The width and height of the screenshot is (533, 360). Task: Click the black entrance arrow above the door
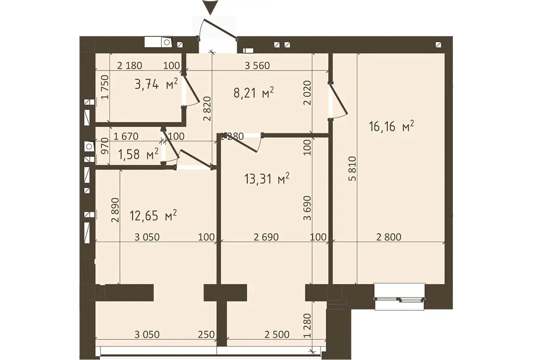coord(211,8)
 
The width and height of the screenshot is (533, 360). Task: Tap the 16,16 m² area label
coord(391,126)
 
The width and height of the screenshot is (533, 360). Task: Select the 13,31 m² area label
coord(267,179)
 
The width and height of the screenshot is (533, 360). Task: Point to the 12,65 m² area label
coord(153,215)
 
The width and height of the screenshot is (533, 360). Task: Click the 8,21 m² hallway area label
coord(254,93)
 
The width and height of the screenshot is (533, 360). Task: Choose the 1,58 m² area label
coord(138,155)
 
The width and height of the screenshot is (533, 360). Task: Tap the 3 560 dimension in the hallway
coord(257,65)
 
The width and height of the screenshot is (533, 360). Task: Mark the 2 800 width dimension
coord(388,237)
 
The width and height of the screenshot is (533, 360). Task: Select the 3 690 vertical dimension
coord(307,208)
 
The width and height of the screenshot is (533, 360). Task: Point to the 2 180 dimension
coord(130,65)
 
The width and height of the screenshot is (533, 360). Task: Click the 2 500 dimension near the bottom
coord(277,335)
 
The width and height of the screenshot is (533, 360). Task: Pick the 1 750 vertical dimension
coord(105,87)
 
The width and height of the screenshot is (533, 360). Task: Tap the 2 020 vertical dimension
coord(307,93)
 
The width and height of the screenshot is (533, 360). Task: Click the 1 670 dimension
coord(126,137)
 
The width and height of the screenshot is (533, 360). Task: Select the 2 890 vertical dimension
coord(116,210)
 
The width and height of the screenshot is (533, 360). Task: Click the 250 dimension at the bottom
coord(206,335)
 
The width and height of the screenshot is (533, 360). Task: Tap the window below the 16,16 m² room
coord(400,297)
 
